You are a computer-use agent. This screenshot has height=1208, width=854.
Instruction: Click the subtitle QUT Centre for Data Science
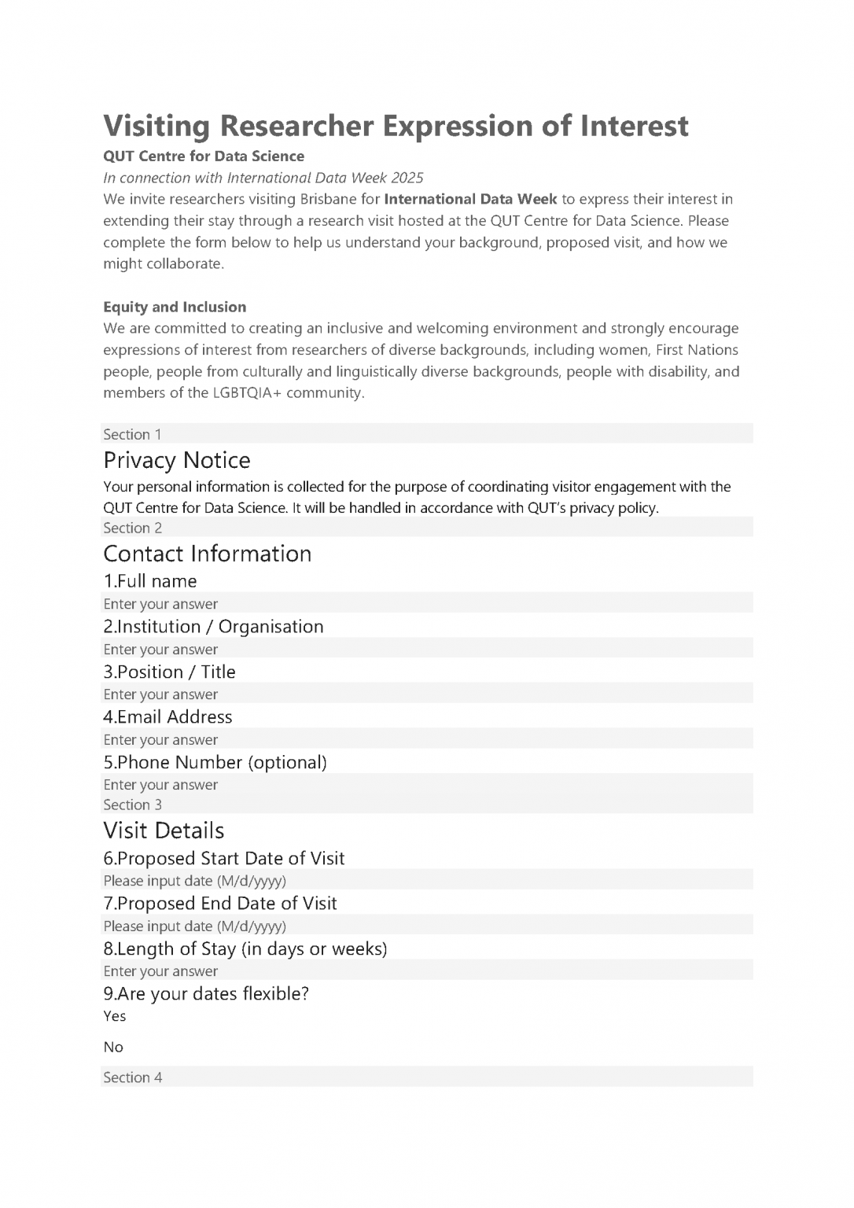point(204,156)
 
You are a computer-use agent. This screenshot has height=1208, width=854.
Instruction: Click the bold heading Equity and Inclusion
point(175,307)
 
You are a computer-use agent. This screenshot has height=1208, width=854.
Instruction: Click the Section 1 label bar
point(426,434)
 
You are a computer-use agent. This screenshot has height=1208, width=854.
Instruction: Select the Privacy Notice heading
point(177,460)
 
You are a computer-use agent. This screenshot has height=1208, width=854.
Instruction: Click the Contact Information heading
point(207,554)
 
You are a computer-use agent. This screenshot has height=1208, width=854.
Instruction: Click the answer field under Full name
point(426,604)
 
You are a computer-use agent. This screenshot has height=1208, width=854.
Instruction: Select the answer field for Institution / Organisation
point(426,650)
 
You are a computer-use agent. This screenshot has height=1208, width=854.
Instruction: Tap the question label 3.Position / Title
point(169,672)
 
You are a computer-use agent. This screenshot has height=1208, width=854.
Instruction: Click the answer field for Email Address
point(426,740)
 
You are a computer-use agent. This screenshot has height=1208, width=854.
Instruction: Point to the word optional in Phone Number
point(287,762)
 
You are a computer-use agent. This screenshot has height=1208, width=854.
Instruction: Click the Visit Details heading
point(164,830)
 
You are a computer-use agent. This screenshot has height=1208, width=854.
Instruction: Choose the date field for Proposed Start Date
point(426,881)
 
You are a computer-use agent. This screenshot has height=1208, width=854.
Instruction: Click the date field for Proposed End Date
point(426,926)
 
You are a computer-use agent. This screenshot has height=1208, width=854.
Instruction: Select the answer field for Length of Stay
point(426,971)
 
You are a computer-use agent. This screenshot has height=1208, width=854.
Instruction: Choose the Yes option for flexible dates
point(115,1016)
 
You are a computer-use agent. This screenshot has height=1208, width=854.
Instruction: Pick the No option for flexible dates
point(113,1047)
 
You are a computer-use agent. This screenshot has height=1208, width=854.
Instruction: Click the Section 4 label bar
point(426,1077)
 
